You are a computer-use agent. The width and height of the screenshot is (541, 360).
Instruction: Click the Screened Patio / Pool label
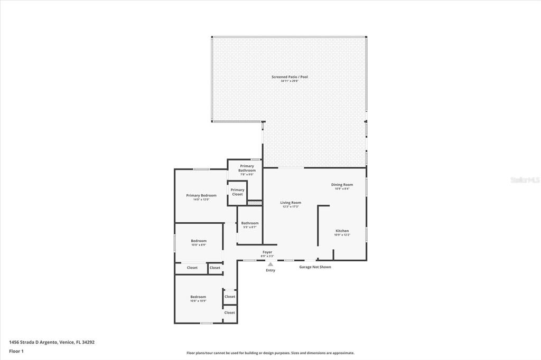pos(290,77)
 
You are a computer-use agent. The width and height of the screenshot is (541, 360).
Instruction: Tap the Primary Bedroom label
pos(201,195)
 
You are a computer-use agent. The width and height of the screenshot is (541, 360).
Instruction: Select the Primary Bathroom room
pos(247,170)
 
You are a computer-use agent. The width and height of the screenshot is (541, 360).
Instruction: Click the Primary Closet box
pos(237,192)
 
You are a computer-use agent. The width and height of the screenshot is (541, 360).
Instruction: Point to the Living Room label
pos(290,203)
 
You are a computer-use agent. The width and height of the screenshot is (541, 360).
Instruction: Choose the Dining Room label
pos(342,185)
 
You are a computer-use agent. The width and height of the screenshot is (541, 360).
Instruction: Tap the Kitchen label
pos(342,231)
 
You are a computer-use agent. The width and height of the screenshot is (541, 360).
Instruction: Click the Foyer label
pos(267,252)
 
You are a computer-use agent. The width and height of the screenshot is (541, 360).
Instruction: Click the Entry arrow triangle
pos(270,264)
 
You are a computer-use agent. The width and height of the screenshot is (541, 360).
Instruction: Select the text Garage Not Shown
pos(315,267)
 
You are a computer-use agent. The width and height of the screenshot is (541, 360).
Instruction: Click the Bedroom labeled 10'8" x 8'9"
pos(198,242)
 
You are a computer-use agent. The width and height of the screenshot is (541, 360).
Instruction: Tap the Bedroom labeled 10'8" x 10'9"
pos(198,299)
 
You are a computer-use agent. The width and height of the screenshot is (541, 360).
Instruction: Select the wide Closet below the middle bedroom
pos(192,268)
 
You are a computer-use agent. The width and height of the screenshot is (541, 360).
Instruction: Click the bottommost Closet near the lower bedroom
pos(229,312)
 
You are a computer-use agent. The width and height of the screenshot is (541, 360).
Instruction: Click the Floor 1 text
pos(16,350)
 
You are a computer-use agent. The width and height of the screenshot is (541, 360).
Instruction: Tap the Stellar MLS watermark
pos(525,180)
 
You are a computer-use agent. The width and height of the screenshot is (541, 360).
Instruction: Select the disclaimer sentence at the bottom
pos(270,353)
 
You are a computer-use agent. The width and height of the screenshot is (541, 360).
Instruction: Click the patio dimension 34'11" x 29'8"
pos(290,81)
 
